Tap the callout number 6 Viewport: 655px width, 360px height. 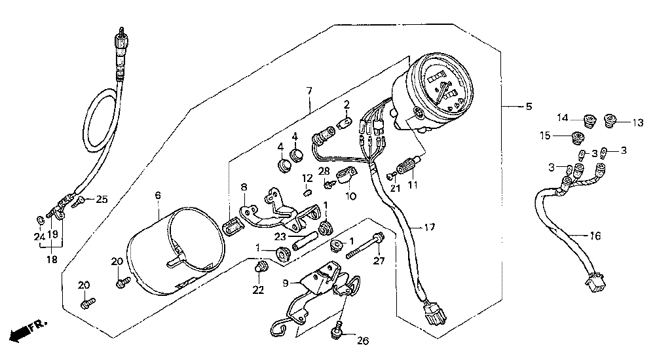[x=158, y=195]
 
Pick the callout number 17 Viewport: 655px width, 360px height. [x=429, y=228]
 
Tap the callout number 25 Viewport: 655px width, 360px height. [x=100, y=199]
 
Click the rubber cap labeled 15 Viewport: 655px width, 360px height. [x=578, y=137]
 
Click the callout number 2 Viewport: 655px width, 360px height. [x=346, y=104]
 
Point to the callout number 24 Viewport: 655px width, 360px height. [x=39, y=236]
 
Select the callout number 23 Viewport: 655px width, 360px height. [x=280, y=238]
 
